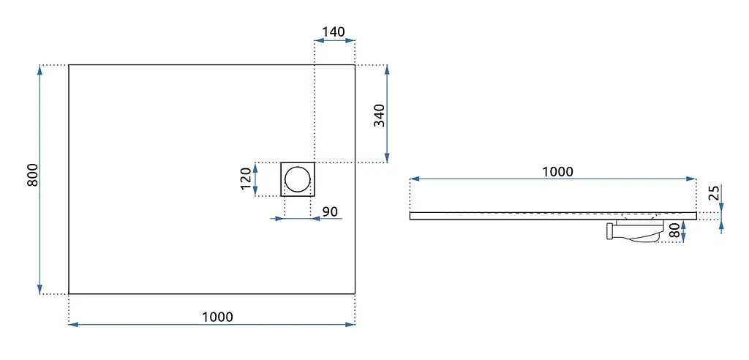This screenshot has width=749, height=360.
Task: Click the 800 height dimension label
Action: (32, 175)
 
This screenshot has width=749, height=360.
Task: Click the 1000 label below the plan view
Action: (217, 317)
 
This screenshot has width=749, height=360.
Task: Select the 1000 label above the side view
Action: (557, 172)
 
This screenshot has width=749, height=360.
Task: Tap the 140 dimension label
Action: (333, 32)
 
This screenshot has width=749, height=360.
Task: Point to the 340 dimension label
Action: (380, 115)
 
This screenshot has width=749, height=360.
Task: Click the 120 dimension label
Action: (246, 179)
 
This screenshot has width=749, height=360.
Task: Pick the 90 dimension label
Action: (330, 211)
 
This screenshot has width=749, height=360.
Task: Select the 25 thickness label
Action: (714, 192)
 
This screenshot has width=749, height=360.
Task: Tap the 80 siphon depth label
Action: (674, 231)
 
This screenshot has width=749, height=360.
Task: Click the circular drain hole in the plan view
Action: (297, 179)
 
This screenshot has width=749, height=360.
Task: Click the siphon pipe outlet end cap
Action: (610, 231)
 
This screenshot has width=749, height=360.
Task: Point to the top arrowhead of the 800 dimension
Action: (39, 70)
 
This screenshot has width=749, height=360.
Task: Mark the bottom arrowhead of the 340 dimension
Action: (387, 158)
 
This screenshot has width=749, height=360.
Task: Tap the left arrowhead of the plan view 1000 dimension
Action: (74, 325)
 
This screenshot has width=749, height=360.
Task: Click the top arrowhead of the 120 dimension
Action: (255, 168)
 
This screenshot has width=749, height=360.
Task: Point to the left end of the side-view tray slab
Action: (410, 216)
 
